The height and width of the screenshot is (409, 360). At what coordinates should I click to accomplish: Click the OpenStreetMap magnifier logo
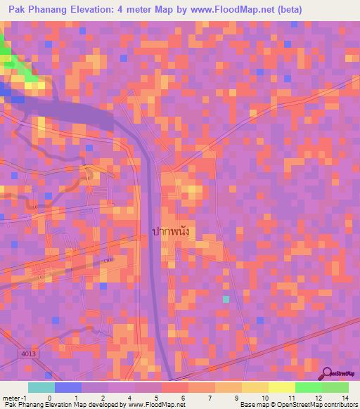pos(328,375)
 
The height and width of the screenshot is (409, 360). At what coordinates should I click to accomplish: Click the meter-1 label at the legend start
pos(14,398)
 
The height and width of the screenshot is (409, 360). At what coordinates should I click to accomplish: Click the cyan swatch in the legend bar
pos(41,387)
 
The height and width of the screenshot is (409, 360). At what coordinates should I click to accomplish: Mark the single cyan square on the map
pos(226,299)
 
